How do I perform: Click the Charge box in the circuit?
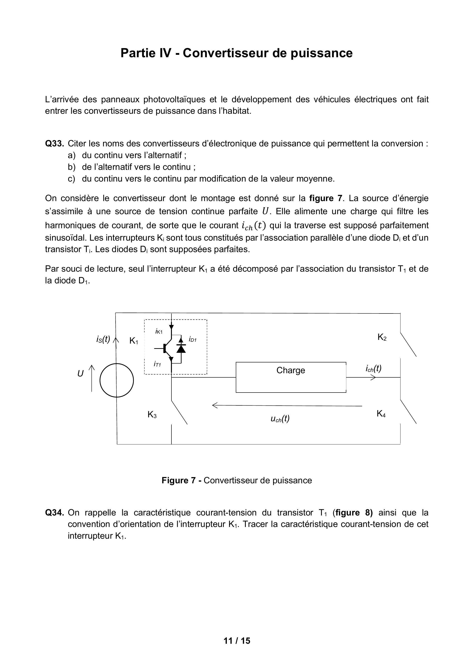pyautogui.click(x=291, y=377)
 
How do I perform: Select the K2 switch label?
pyautogui.click(x=382, y=337)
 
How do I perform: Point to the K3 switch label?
pyautogui.click(x=152, y=415)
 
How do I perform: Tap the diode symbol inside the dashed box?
pyautogui.click(x=182, y=348)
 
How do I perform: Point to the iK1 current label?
pyautogui.click(x=159, y=331)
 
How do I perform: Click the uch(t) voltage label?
pyautogui.click(x=280, y=419)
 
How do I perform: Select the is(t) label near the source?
pyautogui.click(x=103, y=339)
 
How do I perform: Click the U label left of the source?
pyautogui.click(x=80, y=374)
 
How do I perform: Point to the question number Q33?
pyautogui.click(x=54, y=144)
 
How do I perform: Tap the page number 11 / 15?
pyautogui.click(x=237, y=641)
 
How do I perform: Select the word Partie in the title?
pyautogui.click(x=136, y=53)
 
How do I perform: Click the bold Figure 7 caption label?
pyautogui.click(x=179, y=480)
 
